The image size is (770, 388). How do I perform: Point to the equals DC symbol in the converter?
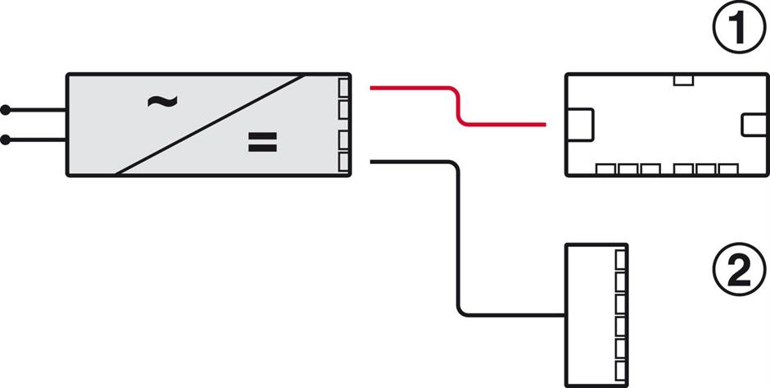(x=263, y=144)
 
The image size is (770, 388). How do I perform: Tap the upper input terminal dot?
(x=6, y=109)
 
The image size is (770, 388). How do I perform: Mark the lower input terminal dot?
(x=6, y=140)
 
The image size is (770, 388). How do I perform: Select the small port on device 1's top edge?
(x=683, y=80)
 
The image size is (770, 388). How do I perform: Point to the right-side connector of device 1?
(x=751, y=125)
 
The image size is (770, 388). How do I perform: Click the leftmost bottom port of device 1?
(x=606, y=170)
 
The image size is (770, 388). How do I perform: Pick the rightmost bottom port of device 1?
(x=728, y=170)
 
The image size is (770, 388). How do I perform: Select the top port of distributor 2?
(x=620, y=258)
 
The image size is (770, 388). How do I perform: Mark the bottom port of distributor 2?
(x=620, y=369)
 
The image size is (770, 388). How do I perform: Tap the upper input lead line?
(x=36, y=109)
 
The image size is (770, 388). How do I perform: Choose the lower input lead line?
(x=36, y=140)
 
